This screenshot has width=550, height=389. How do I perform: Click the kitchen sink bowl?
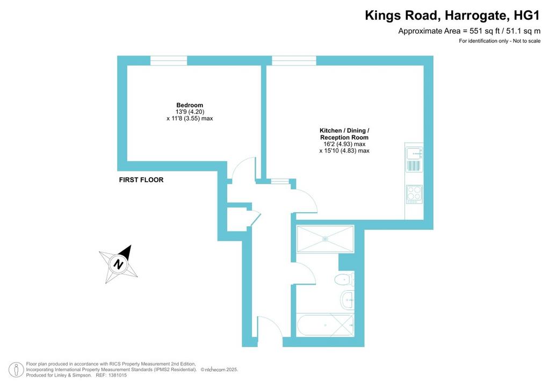414,154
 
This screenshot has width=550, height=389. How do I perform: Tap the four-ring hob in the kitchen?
414,194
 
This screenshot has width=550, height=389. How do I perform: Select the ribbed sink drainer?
414,166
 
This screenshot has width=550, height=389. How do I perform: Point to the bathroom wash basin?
348,300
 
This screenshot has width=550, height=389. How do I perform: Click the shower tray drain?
325,239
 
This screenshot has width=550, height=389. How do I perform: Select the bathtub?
325,325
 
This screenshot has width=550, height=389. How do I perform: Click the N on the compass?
119,264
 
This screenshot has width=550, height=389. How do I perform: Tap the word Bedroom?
190,105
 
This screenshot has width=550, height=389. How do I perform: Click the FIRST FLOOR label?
141,179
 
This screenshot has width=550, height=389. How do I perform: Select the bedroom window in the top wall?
169,60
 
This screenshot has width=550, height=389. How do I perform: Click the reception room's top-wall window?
294,60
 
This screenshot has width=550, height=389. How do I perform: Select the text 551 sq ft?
482,31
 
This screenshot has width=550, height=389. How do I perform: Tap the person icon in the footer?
16,370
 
